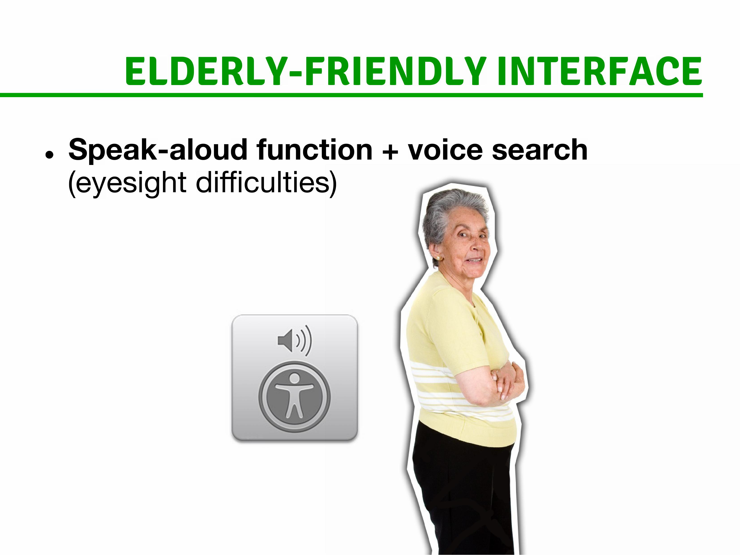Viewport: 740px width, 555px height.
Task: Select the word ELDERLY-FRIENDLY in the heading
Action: [x=305, y=71]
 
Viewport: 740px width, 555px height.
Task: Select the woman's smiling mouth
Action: [x=475, y=260]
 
